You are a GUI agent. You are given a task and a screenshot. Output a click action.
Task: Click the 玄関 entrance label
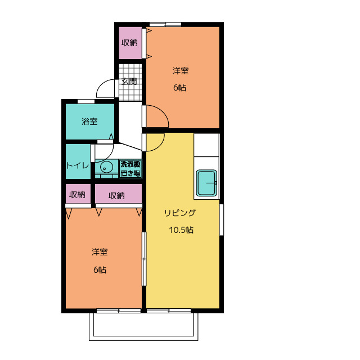point(129,81)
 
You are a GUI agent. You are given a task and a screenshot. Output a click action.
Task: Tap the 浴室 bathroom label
point(89,121)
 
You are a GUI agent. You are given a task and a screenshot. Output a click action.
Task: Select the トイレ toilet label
point(78,165)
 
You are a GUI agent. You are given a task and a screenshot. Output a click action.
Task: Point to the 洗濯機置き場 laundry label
point(130,169)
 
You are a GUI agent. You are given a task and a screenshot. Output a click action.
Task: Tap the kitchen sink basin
point(206,183)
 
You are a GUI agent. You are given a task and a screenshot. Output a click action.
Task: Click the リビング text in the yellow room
point(180,213)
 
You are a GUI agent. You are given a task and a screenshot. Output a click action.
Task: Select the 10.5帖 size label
point(181,230)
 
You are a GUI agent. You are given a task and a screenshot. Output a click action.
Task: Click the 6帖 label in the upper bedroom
point(179,88)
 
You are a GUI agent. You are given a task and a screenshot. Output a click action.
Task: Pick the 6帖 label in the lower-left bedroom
point(100,269)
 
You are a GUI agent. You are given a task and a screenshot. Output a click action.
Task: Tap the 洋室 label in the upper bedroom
point(181,71)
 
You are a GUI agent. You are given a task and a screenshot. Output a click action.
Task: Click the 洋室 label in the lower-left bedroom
point(100,252)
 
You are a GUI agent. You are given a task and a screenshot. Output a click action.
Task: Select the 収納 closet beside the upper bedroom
point(130,43)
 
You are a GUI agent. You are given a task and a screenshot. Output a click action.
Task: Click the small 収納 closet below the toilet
point(78,194)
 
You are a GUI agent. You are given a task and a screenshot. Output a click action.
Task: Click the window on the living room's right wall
point(221,220)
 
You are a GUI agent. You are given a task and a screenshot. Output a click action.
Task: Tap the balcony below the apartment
point(143,327)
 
